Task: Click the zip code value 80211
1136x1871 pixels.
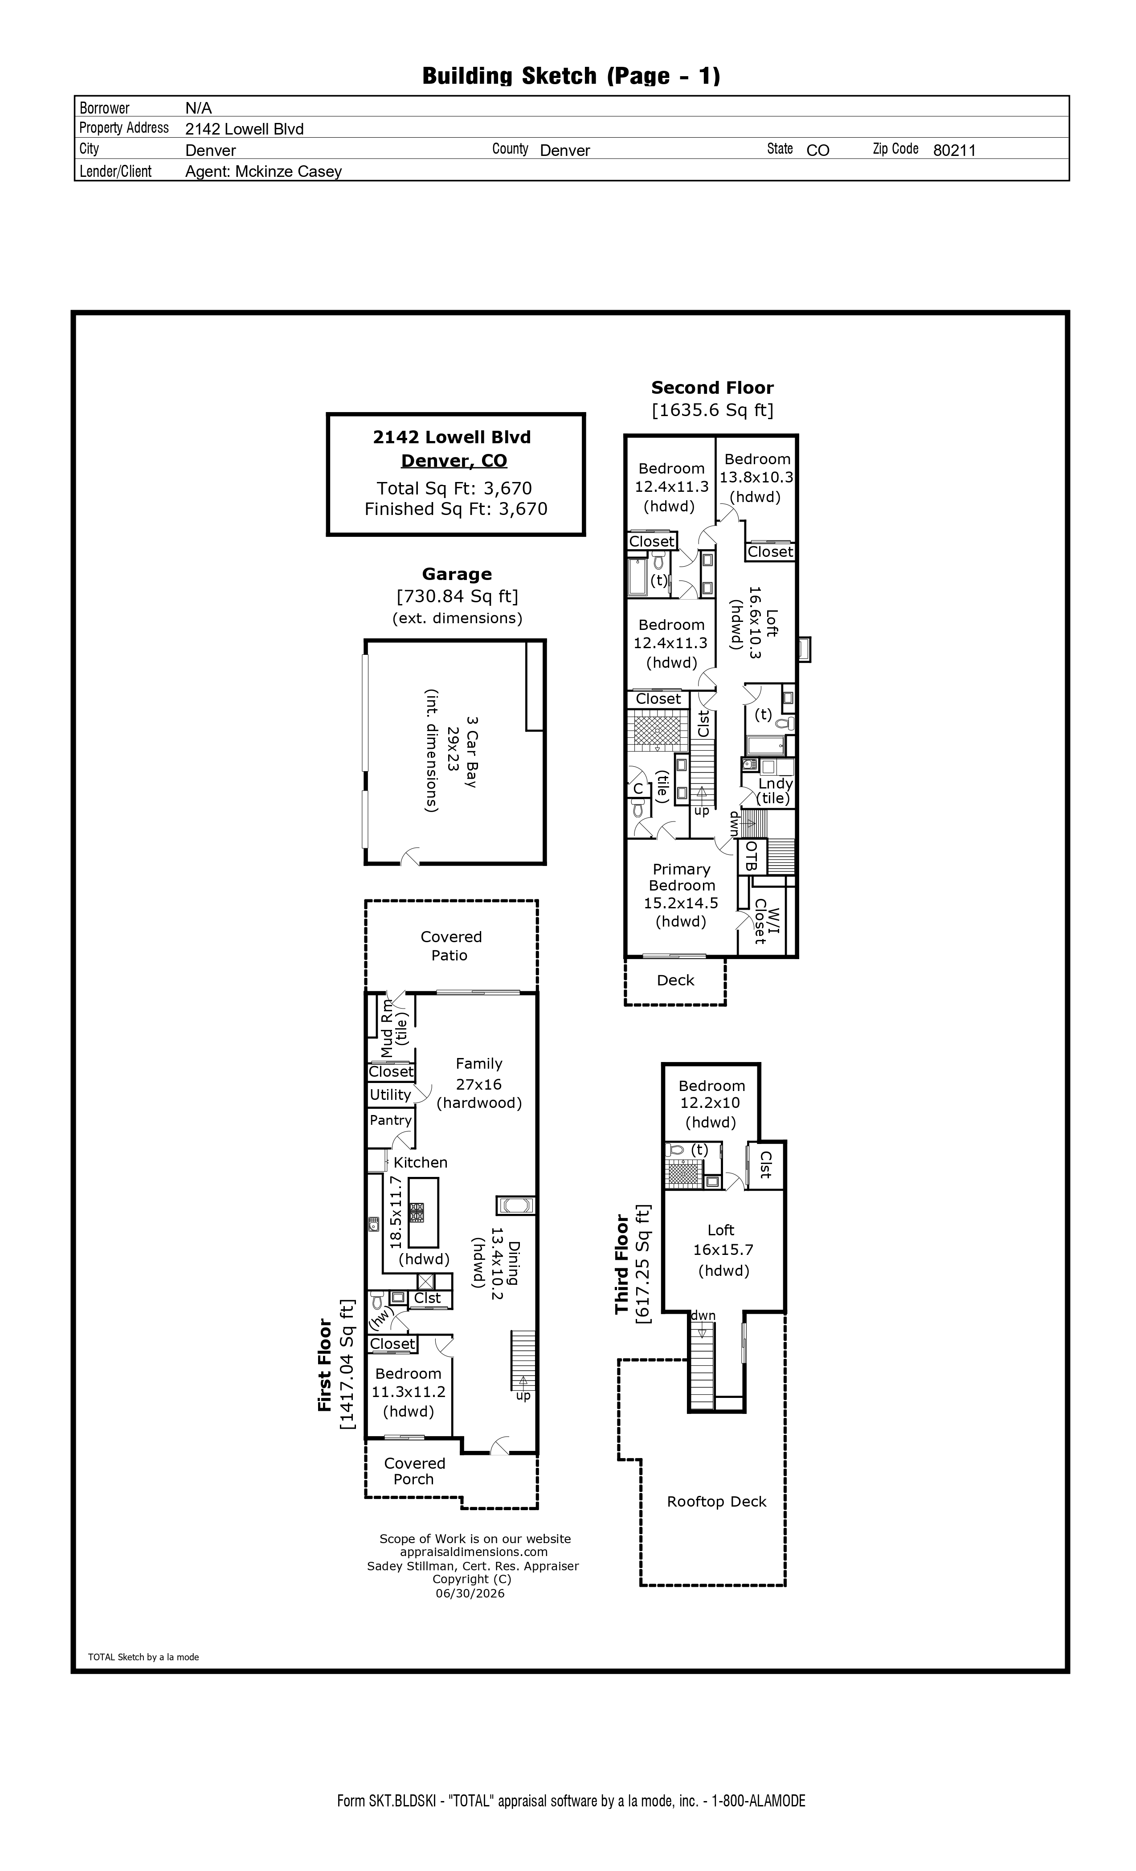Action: [x=954, y=151]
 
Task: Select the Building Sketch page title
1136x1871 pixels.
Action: [x=571, y=76]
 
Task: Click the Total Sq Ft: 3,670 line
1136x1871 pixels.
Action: [x=454, y=488]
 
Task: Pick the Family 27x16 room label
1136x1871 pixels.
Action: [x=479, y=1074]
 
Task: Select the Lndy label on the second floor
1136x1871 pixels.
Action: [x=775, y=783]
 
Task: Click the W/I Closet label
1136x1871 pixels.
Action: [x=766, y=921]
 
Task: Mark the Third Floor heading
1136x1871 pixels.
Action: [x=623, y=1264]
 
